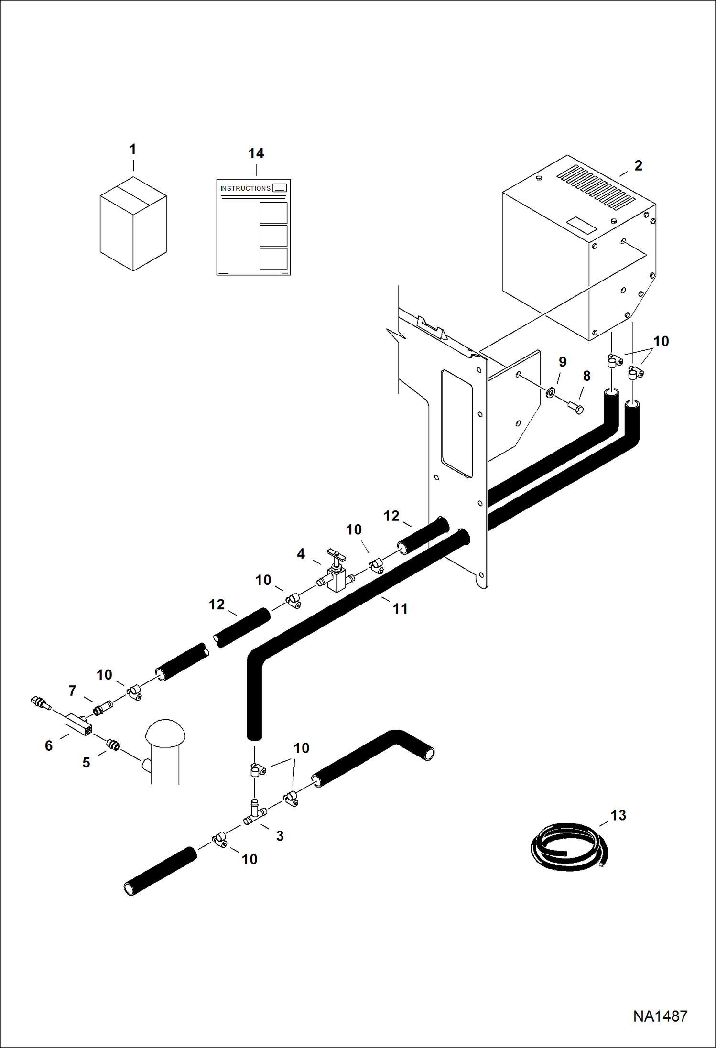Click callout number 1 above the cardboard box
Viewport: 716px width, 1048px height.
[133, 150]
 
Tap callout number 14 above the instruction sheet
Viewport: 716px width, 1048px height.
[256, 153]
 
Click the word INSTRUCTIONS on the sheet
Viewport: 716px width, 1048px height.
[245, 189]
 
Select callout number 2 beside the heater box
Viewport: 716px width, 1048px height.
[638, 165]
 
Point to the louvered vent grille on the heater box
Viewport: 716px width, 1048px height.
[596, 187]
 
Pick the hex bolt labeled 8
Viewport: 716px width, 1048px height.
[576, 408]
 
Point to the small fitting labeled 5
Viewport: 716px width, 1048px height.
[113, 745]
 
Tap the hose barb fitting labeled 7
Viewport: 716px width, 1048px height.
[102, 708]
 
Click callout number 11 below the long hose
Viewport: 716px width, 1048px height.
[400, 609]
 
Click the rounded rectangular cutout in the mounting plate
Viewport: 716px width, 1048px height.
[457, 423]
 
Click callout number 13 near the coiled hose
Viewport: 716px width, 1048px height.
[618, 815]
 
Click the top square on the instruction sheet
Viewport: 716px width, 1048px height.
[273, 213]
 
